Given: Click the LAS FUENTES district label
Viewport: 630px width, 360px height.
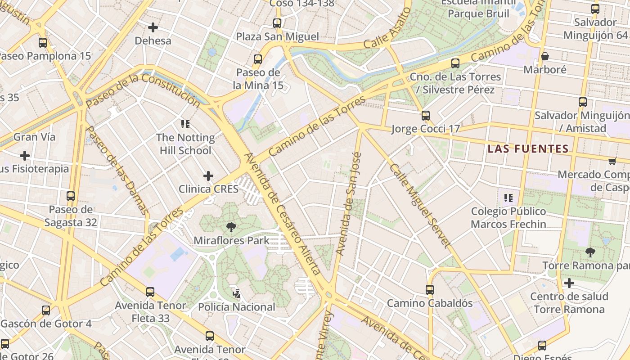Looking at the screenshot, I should [x=528, y=148].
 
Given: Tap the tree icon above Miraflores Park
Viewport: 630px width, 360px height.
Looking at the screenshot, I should [x=231, y=227].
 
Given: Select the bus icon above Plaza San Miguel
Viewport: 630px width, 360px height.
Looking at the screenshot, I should [x=277, y=23].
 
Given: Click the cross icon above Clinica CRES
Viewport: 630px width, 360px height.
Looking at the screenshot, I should [x=208, y=175].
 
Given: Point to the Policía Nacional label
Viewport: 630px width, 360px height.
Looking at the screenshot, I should [x=237, y=307].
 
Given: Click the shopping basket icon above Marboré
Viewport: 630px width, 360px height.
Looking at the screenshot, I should [x=544, y=56].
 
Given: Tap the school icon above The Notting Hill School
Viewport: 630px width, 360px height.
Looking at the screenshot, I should [x=185, y=124].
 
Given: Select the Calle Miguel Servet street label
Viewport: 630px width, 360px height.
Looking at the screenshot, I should [x=419, y=206].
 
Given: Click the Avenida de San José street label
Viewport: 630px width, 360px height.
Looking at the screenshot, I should [x=349, y=203].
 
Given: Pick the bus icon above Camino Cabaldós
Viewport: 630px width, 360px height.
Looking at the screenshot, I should [x=430, y=289].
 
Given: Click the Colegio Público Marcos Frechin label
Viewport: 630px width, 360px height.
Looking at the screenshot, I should [x=508, y=218].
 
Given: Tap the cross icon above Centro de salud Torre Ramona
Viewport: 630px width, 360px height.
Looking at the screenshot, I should [x=569, y=283].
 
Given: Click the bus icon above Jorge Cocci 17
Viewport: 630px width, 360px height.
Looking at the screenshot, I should [x=426, y=116].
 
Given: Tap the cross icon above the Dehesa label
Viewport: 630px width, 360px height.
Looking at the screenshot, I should [x=153, y=27].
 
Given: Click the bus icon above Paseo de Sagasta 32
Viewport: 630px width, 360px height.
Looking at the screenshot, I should [x=71, y=196].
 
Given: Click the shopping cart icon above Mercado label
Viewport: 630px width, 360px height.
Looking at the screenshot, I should [x=612, y=161].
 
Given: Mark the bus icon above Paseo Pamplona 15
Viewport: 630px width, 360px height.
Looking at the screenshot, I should [x=43, y=43].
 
